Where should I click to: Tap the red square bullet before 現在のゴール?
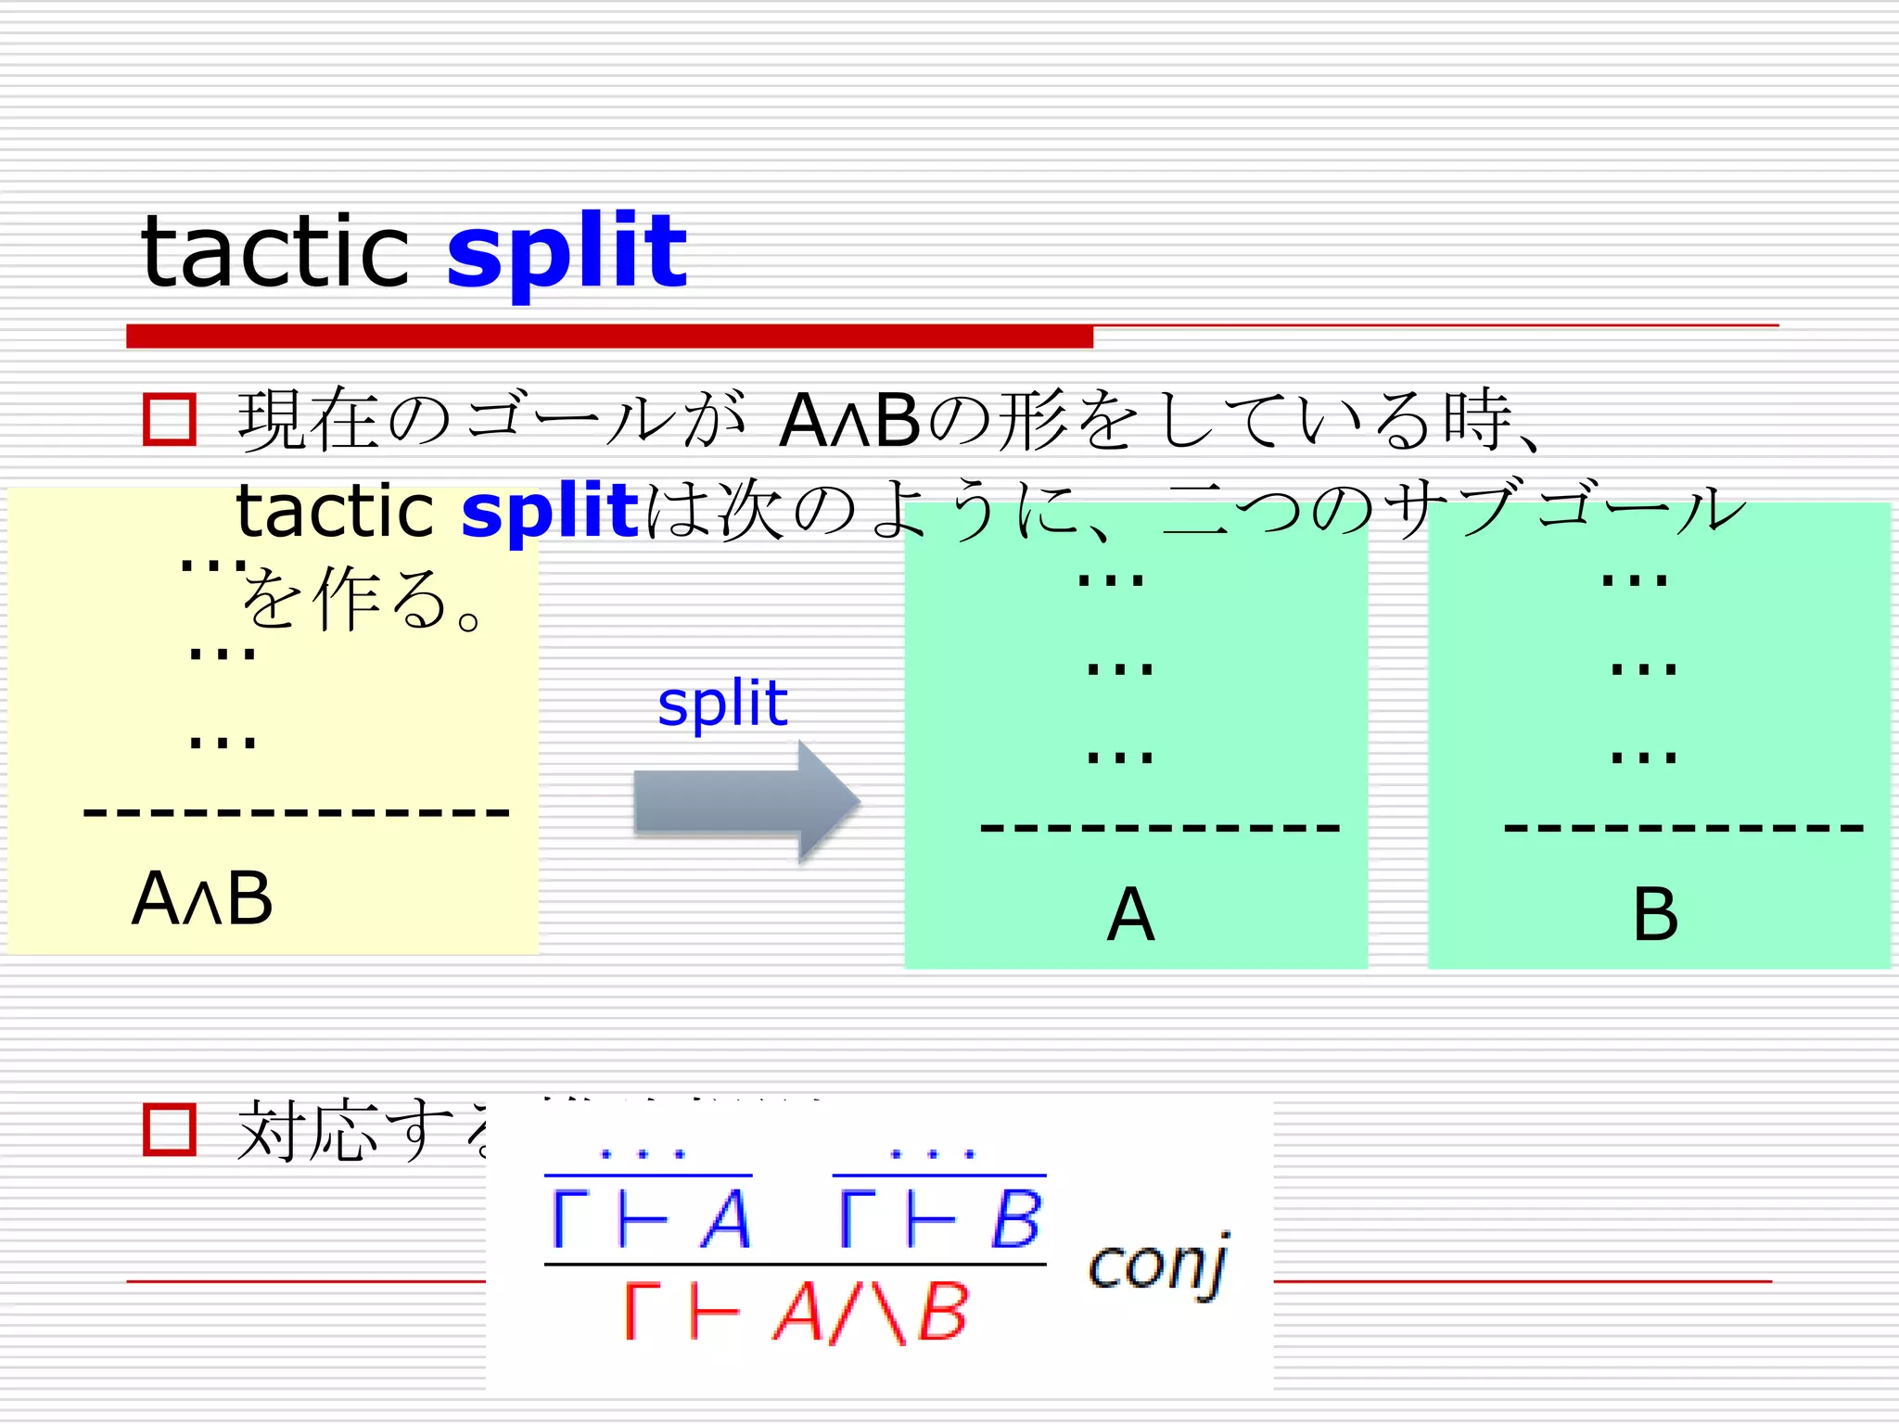click(170, 420)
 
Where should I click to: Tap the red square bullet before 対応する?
click(170, 1129)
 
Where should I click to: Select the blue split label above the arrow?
click(722, 703)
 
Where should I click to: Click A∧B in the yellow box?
click(202, 898)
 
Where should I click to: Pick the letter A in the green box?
click(1130, 915)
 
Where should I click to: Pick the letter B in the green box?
click(1655, 915)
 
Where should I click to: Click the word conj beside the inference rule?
click(1159, 1265)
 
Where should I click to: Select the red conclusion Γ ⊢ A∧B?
click(796, 1312)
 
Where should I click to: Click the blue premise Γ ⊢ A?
click(649, 1218)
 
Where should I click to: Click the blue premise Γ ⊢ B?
click(939, 1218)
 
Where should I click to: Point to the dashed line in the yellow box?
click(297, 813)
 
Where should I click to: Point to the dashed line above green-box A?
click(1160, 827)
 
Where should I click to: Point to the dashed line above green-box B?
click(1683, 827)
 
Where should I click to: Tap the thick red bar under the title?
click(609, 336)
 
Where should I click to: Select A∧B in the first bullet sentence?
click(849, 421)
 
